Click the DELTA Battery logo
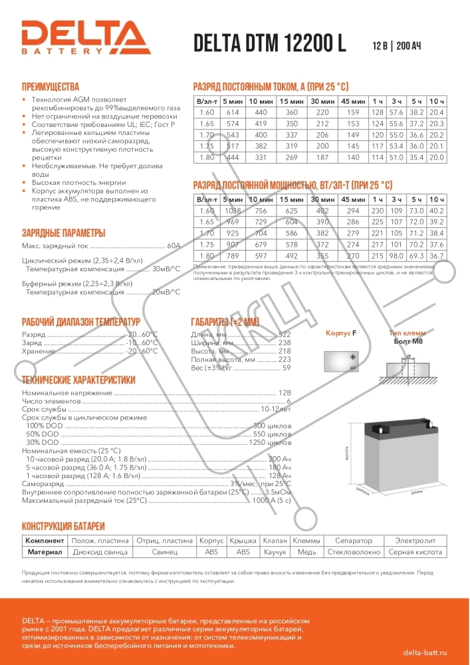point(84,38)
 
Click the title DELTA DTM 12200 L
point(270,43)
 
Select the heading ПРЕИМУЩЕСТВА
point(51,87)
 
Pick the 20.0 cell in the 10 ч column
point(437,158)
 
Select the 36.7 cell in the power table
point(437,256)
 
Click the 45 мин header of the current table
point(353,100)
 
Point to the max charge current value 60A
point(174,245)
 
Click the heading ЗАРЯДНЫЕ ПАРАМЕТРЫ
point(64,233)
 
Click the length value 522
point(285,334)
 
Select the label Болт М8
point(408,341)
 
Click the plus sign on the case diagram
point(353,357)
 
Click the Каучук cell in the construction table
point(275,552)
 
